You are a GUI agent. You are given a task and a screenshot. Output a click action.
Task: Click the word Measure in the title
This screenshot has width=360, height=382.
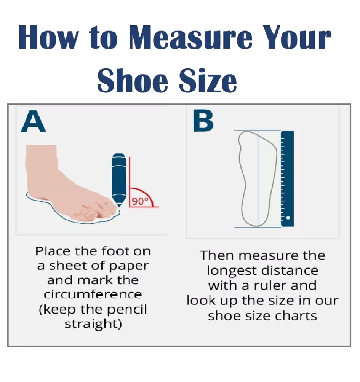tap(190, 37)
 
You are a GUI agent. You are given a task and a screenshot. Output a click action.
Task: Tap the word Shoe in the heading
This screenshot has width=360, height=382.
tap(133, 80)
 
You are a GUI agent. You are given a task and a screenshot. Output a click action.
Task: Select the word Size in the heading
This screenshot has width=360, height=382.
tap(208, 80)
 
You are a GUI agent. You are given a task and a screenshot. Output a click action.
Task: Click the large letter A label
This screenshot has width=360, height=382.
tap(34, 121)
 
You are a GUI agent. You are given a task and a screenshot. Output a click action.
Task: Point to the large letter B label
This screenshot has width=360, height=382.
tap(203, 121)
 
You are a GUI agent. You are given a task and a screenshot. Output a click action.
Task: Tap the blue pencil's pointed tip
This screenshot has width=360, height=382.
tap(119, 206)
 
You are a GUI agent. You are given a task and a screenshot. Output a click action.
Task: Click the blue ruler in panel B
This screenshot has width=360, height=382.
tap(287, 179)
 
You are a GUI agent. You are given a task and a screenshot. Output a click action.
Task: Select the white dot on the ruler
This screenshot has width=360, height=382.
tap(288, 218)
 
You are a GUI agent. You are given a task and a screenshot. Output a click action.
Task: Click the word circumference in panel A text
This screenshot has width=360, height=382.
tap(93, 294)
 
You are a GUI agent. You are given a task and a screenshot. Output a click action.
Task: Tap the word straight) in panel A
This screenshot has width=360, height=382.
tap(93, 325)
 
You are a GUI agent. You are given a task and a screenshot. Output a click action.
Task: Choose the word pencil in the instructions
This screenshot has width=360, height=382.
tap(127, 310)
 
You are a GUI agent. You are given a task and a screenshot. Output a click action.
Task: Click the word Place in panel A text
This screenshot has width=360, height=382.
tap(53, 251)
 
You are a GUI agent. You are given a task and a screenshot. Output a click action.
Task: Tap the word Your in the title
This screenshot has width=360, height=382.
tap(298, 37)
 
